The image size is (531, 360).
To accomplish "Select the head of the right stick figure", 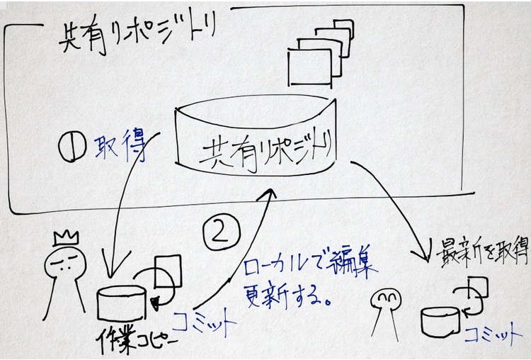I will tap(385, 302).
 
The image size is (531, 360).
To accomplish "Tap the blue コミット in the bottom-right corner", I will tap(489, 334).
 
